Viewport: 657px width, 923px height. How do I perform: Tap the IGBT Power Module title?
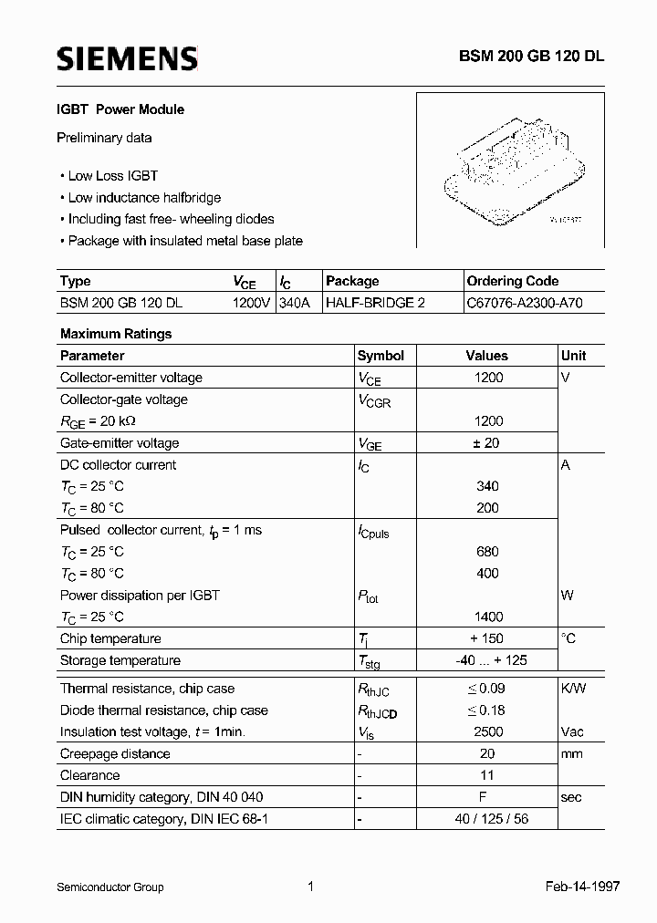click(121, 109)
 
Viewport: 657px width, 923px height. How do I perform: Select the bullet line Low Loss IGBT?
click(112, 175)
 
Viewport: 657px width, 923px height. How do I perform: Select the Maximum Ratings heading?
click(116, 334)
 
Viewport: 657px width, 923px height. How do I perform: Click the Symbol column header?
click(381, 356)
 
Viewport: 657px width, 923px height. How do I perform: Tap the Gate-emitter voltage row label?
click(120, 443)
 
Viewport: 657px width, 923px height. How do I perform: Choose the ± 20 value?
click(488, 443)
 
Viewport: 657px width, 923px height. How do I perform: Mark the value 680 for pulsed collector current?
click(488, 552)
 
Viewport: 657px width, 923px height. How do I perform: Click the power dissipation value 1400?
click(488, 617)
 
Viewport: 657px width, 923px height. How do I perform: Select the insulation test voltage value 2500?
click(488, 731)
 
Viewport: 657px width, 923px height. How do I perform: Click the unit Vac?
click(572, 731)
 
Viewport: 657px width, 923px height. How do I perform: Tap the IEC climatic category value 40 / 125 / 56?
click(488, 819)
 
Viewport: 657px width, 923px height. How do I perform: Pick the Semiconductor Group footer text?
click(110, 887)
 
